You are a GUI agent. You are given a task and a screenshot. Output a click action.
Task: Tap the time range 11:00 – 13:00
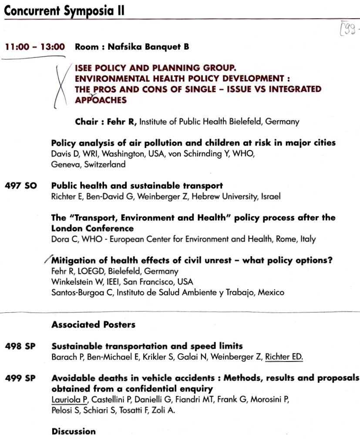click(35, 47)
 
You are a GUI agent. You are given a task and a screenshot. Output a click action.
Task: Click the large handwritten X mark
click(61, 85)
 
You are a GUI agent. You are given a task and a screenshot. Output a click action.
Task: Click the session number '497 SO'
click(21, 186)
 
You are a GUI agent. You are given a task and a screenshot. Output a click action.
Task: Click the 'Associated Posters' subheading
click(93, 324)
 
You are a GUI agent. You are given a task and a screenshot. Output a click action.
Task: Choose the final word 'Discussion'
click(74, 431)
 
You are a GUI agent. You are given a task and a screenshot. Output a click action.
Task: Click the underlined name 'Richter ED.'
click(284, 357)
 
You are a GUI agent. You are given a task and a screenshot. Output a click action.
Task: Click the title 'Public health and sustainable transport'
click(137, 186)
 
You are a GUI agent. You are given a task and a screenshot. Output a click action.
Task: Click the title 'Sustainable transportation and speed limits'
click(147, 346)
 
